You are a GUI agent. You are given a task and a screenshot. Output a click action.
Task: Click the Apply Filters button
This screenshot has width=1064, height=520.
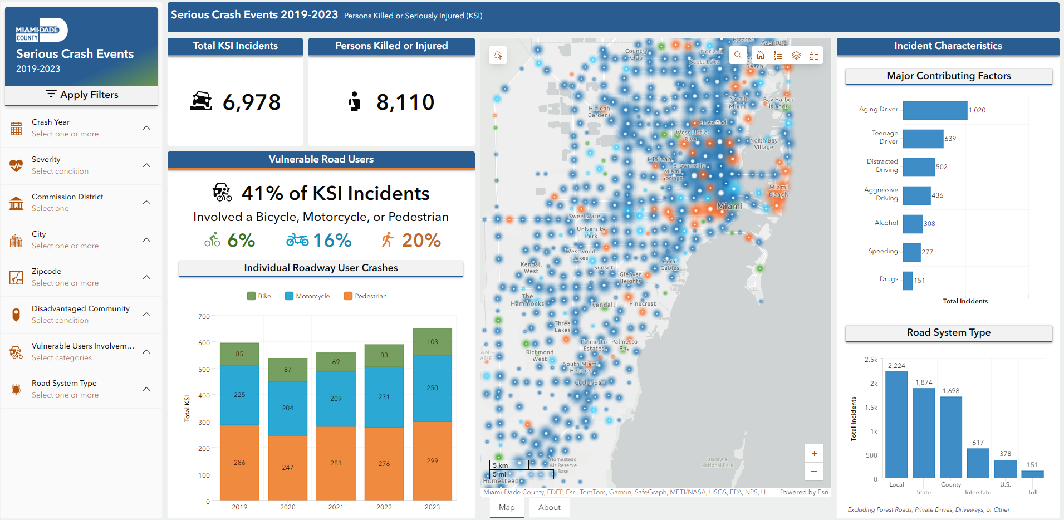tap(82, 95)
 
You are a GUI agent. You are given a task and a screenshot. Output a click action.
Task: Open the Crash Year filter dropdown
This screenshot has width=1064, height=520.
tap(146, 128)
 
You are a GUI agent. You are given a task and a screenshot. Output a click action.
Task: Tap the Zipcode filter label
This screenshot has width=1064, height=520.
tap(47, 271)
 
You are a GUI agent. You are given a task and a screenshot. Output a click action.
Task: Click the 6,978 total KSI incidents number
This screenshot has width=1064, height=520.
tap(252, 102)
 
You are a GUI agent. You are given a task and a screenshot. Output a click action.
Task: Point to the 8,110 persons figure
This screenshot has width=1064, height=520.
tap(405, 102)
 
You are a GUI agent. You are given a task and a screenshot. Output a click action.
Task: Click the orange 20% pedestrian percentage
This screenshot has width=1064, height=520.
tap(421, 241)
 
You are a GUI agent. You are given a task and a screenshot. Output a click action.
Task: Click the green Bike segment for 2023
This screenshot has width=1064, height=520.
tap(432, 342)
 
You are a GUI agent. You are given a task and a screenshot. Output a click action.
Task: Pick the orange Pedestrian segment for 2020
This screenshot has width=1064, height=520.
tap(287, 467)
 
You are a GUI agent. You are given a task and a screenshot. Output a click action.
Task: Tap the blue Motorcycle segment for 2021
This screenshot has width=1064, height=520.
tap(336, 398)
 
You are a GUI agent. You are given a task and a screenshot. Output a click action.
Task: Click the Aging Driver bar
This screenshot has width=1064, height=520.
tap(935, 110)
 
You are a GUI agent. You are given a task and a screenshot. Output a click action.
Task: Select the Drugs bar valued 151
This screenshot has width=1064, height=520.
tap(908, 281)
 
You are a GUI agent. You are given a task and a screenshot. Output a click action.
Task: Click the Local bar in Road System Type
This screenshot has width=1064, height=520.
tap(896, 424)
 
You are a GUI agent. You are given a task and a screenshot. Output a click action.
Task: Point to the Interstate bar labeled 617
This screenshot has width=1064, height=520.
tap(978, 463)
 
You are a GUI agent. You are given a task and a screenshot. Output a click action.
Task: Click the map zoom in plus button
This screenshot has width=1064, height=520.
tap(814, 453)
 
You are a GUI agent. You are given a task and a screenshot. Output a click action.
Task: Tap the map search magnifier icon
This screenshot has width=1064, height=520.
tap(738, 55)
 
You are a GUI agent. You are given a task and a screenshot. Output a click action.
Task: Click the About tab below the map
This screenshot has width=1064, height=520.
tap(549, 507)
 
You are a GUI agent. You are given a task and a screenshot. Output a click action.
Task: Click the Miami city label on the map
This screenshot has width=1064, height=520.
tap(729, 206)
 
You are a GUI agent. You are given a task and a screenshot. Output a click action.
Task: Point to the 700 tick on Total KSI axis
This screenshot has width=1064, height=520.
tap(204, 317)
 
